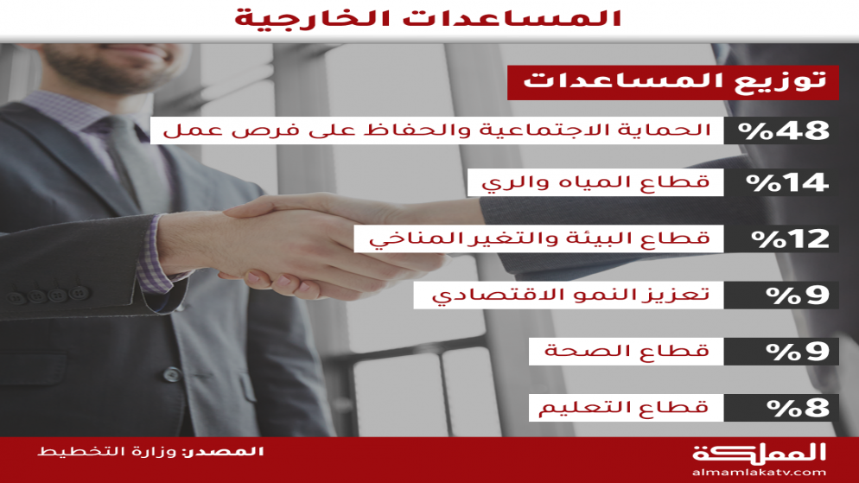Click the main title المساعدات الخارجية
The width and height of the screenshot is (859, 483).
click(428, 18)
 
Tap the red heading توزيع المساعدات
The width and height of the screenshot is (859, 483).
click(674, 80)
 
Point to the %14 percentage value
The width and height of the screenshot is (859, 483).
click(787, 183)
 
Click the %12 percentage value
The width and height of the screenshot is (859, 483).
click(789, 238)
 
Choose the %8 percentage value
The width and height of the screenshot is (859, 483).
click(798, 408)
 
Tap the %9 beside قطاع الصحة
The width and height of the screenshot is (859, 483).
click(798, 352)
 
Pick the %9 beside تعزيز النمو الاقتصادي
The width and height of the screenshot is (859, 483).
click(798, 296)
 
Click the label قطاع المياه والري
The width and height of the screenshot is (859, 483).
click(595, 182)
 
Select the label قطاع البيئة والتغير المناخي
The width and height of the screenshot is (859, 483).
click(539, 238)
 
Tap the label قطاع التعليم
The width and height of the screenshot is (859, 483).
click(623, 408)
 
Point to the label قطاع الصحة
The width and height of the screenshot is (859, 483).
click(627, 351)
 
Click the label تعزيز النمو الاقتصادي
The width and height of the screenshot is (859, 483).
click(571, 295)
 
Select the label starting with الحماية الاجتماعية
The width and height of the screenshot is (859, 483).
click(436, 130)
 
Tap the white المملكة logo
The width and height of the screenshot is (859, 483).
click(759, 454)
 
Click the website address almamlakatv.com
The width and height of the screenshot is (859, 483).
click(759, 473)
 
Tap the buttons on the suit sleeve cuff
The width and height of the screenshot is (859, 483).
click(48, 296)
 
